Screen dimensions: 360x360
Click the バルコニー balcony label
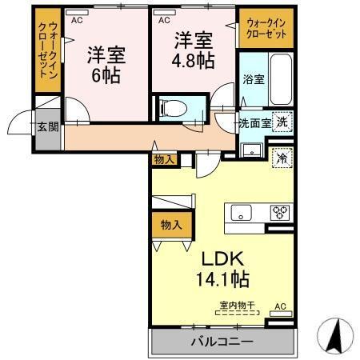pos(222,342)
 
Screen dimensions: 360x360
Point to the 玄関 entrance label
pos(46,127)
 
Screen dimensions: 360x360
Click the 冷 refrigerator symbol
pos(282,158)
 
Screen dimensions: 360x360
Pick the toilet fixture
pos(173,106)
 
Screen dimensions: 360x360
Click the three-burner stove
pos(281,212)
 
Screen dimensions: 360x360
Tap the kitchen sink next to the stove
pos(242,213)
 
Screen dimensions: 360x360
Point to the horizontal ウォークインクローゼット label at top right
pos(266,28)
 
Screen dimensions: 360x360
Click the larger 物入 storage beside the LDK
pos(168,226)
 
